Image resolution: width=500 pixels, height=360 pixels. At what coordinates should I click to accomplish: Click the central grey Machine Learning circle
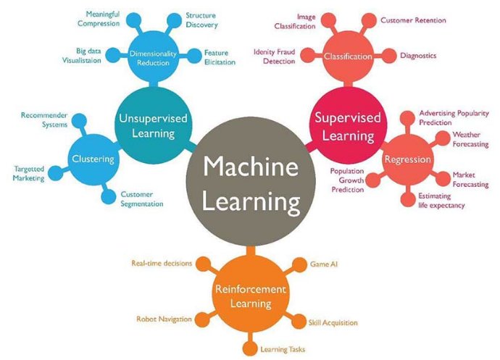click(x=250, y=183)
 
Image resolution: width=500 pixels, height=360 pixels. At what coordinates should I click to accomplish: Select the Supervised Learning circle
click(x=343, y=126)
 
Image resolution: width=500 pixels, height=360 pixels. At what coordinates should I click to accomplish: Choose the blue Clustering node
click(x=92, y=159)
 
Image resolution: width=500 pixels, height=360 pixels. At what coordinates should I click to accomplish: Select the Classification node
click(x=348, y=56)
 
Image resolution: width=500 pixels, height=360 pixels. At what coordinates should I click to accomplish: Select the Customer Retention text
click(x=413, y=20)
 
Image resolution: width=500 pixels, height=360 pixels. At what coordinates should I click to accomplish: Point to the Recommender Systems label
click(x=43, y=120)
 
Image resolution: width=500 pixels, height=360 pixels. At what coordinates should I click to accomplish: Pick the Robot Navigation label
click(x=164, y=319)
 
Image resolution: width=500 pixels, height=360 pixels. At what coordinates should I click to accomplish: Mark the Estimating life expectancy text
click(x=441, y=201)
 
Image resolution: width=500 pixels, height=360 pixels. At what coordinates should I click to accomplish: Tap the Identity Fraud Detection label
click(x=274, y=56)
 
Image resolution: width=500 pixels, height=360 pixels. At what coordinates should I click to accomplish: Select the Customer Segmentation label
click(x=142, y=198)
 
